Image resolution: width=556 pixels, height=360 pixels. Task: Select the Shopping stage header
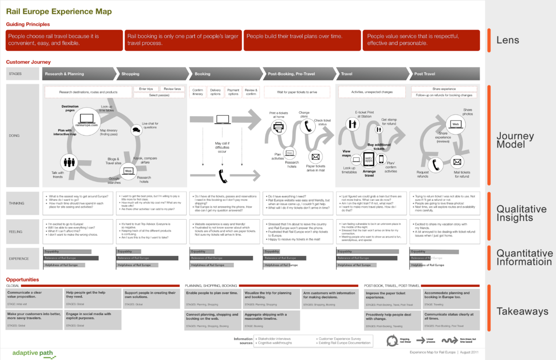(x=131, y=74)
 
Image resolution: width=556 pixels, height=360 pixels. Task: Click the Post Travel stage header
(x=425, y=74)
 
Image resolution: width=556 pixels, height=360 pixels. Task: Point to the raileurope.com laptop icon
(x=86, y=118)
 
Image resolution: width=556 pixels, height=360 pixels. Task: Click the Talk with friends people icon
(x=70, y=162)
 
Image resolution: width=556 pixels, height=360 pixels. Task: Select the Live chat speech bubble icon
(x=136, y=128)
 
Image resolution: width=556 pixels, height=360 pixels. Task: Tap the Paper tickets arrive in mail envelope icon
(x=316, y=157)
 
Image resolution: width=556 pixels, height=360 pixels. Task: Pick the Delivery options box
(x=216, y=92)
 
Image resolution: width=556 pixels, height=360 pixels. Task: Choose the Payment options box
(x=233, y=92)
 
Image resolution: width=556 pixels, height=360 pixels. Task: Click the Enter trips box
(x=146, y=89)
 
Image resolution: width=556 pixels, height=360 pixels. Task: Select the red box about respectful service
(x=421, y=40)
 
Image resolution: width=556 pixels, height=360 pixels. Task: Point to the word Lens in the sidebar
(x=508, y=40)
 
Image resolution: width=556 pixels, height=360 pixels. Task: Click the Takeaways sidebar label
(x=522, y=311)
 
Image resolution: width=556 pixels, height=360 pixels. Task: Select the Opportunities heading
(x=22, y=280)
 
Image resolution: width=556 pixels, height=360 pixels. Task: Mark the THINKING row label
(x=16, y=203)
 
